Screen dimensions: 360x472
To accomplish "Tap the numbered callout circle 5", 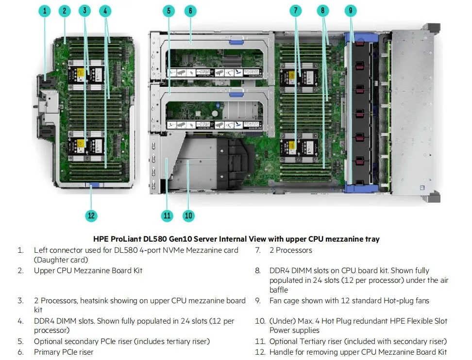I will [169, 11].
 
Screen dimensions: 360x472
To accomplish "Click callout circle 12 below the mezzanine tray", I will [91, 215].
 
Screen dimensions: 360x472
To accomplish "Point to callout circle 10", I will [188, 215].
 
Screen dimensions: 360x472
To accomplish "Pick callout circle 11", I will [168, 215].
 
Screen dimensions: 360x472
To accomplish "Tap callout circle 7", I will [296, 11].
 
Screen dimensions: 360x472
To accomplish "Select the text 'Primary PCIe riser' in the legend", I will [64, 352].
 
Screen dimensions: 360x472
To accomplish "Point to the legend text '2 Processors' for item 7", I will [291, 250].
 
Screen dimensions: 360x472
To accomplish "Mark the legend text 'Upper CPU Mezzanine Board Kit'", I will [88, 271].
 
